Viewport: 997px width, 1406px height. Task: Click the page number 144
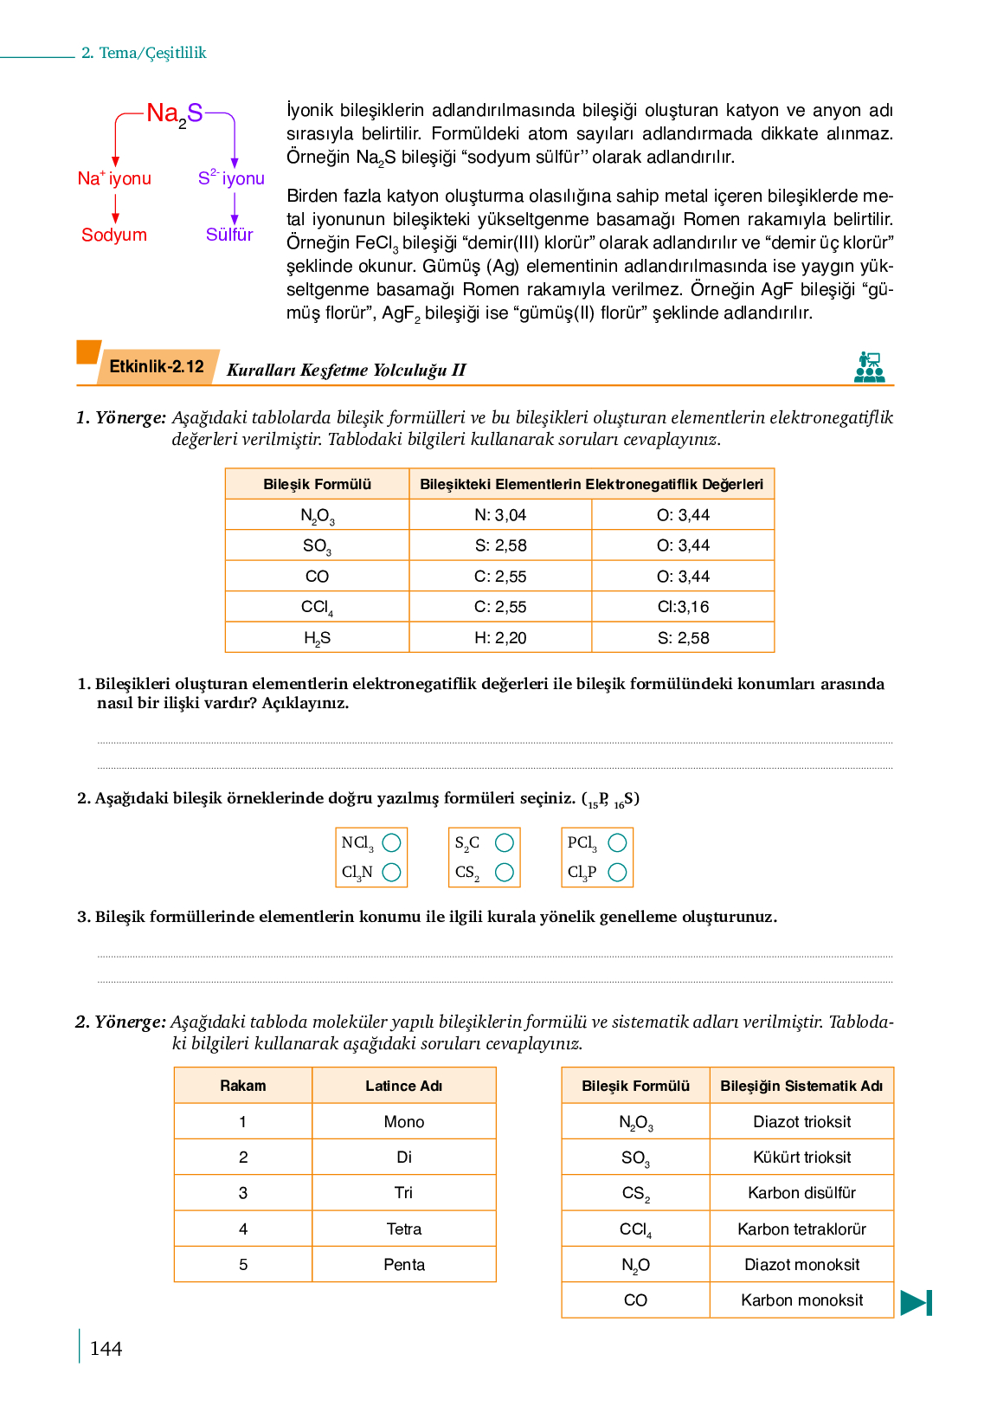[106, 1348]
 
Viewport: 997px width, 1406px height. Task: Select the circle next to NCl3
[391, 842]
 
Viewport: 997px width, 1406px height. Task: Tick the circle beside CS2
[505, 872]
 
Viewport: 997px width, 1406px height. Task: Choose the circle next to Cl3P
[617, 872]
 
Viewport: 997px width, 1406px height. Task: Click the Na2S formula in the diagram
[175, 113]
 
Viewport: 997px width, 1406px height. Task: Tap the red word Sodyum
[114, 235]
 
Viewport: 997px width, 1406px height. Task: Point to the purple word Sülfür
[229, 235]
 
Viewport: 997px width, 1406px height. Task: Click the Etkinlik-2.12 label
[157, 366]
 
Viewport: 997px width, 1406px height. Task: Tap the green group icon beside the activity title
[869, 367]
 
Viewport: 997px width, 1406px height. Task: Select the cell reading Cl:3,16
[683, 607]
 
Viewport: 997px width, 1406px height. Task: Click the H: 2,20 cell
[500, 638]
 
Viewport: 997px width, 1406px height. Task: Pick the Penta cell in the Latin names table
[404, 1264]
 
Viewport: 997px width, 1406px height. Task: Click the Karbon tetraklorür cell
[801, 1229]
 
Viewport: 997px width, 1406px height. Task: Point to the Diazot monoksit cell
[801, 1264]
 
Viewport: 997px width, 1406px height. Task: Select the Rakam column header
[243, 1086]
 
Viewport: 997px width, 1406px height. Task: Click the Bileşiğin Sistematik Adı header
[801, 1086]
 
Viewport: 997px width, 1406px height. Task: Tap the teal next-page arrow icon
[916, 1302]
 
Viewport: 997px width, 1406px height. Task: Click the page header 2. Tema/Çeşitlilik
[144, 53]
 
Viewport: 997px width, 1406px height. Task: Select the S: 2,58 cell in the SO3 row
[500, 545]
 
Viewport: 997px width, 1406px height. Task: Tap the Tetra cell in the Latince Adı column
[404, 1229]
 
